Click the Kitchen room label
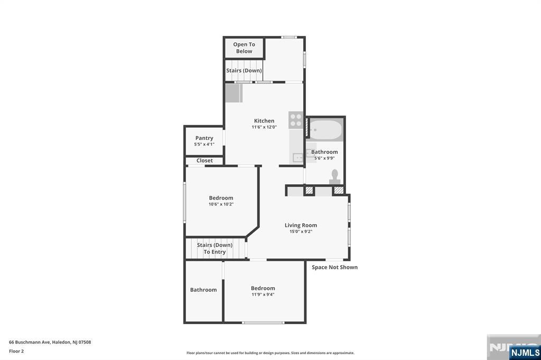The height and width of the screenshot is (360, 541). [x=264, y=121]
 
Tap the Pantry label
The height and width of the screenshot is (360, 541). [x=204, y=138]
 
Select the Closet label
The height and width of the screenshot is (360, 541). [x=204, y=160]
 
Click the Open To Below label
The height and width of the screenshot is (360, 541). [x=244, y=48]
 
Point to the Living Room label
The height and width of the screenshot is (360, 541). [x=301, y=225]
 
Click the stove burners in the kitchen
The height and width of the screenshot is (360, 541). [x=296, y=120]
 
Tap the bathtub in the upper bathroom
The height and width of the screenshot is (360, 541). [x=325, y=130]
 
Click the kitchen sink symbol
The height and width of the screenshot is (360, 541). [x=297, y=158]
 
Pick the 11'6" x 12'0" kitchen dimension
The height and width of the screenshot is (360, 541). [x=264, y=127]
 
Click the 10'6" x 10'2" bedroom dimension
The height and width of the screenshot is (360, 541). [x=221, y=204]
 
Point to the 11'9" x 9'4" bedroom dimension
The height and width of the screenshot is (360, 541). [x=263, y=295]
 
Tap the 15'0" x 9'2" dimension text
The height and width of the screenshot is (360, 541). [x=301, y=232]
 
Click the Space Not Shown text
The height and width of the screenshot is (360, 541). [x=334, y=267]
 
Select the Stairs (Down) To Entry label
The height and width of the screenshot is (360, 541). [x=214, y=248]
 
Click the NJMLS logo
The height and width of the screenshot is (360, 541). [x=525, y=353]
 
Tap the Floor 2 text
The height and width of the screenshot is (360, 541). [x=16, y=352]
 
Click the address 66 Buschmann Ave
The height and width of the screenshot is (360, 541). [x=30, y=342]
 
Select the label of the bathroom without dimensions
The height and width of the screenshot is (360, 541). [x=203, y=290]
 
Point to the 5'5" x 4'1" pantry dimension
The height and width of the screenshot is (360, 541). [x=204, y=145]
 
